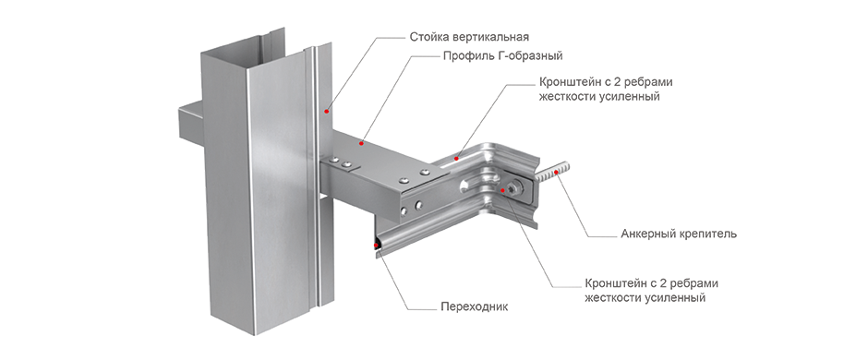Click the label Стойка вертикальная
coord(469,37)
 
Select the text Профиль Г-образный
coord(502,56)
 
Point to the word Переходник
coord(474,306)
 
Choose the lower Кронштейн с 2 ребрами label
coord(652,283)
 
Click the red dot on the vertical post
coord(327,112)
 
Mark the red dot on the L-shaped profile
coord(361,144)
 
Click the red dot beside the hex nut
coord(502,190)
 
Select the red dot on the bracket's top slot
coord(455,158)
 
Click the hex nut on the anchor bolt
coord(514,187)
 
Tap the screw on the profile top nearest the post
coord(333,161)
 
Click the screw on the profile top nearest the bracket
coord(425,173)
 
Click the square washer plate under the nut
coord(517,188)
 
